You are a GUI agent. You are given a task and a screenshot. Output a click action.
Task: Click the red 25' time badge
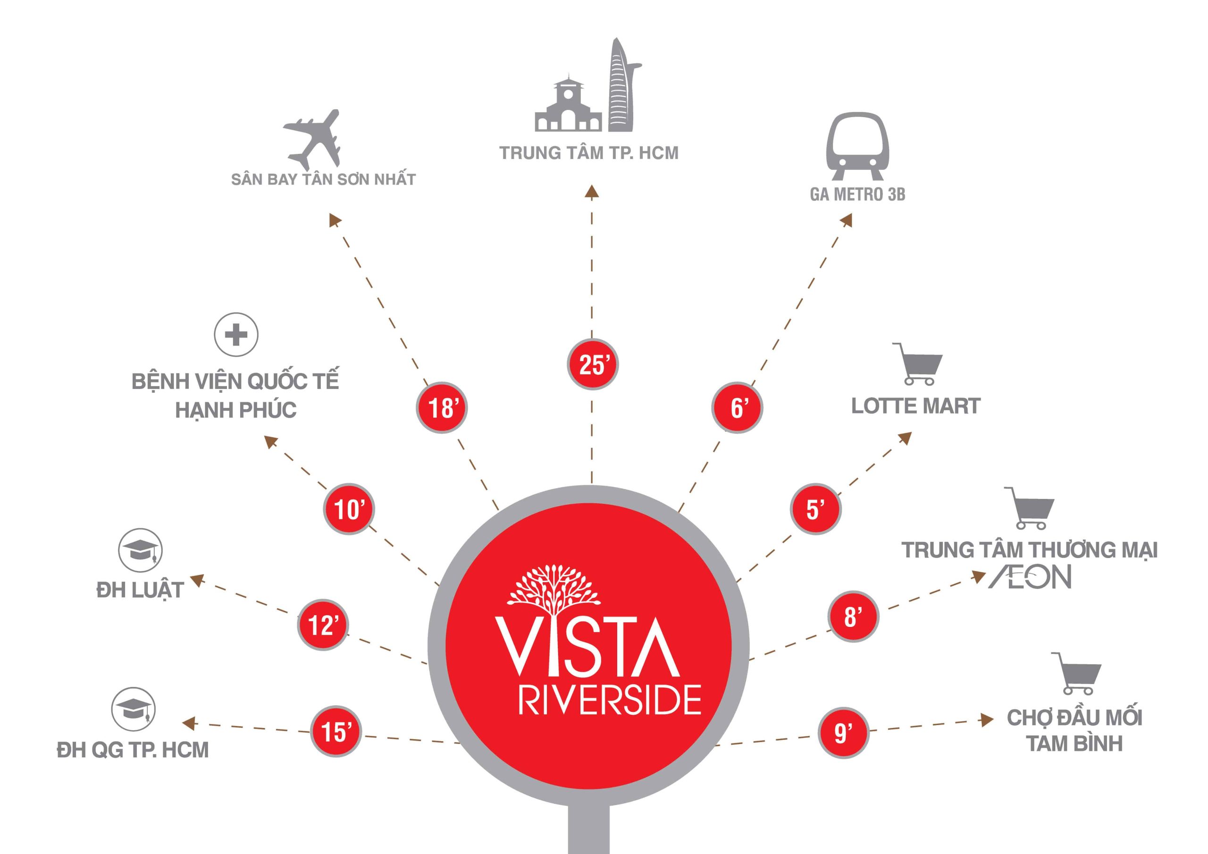click(592, 364)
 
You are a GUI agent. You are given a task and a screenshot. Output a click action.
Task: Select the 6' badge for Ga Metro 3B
click(737, 407)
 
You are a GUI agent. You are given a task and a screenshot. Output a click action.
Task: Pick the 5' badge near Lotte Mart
click(815, 509)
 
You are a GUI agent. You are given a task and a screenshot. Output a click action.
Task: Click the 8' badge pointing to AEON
click(853, 616)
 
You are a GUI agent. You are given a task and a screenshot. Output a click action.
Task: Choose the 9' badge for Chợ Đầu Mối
click(843, 733)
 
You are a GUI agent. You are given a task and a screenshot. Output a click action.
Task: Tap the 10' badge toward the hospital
click(349, 509)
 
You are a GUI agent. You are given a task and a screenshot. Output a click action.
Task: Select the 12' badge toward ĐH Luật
click(323, 625)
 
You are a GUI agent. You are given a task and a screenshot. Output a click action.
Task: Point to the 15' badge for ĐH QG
click(336, 732)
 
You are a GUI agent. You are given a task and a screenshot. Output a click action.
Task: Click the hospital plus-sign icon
click(236, 334)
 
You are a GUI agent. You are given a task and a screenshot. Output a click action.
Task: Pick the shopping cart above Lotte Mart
click(918, 364)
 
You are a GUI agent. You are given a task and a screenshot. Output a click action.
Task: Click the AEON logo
click(1030, 577)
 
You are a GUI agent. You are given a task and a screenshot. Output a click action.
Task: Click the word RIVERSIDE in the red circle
click(610, 699)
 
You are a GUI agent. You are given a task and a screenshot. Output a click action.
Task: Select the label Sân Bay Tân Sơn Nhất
click(324, 179)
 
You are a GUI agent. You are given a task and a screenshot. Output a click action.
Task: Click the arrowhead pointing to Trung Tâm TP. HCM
click(592, 192)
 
